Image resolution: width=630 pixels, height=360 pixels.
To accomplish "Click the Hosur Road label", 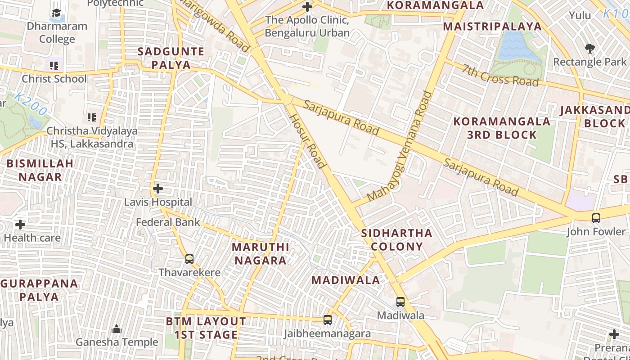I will point(307,141).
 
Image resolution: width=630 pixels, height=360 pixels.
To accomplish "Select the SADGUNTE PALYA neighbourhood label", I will point(171,58).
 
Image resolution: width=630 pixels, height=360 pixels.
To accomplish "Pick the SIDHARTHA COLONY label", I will point(396,240).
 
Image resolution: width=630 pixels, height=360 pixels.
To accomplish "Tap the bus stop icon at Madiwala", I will point(400,302).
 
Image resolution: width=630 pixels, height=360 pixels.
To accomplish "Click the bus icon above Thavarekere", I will point(189,259).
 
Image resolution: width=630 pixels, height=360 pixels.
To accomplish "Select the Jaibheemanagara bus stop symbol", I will point(328,320).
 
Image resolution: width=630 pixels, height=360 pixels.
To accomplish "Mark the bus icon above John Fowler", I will point(596,218).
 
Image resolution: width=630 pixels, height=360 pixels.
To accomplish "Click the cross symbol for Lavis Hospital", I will point(158,189).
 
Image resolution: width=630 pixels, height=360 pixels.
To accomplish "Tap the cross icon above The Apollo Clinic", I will point(307,7).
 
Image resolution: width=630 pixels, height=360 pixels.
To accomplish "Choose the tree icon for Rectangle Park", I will point(589,48).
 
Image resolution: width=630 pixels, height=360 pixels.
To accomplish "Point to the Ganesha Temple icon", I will point(117,329).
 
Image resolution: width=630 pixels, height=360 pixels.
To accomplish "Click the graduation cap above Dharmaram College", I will point(56,13).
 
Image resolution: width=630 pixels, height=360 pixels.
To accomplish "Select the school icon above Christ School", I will point(54,66).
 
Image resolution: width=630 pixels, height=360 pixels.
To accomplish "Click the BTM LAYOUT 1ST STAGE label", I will point(206,328).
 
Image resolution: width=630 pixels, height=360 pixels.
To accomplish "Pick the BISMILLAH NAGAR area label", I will point(40,170).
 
